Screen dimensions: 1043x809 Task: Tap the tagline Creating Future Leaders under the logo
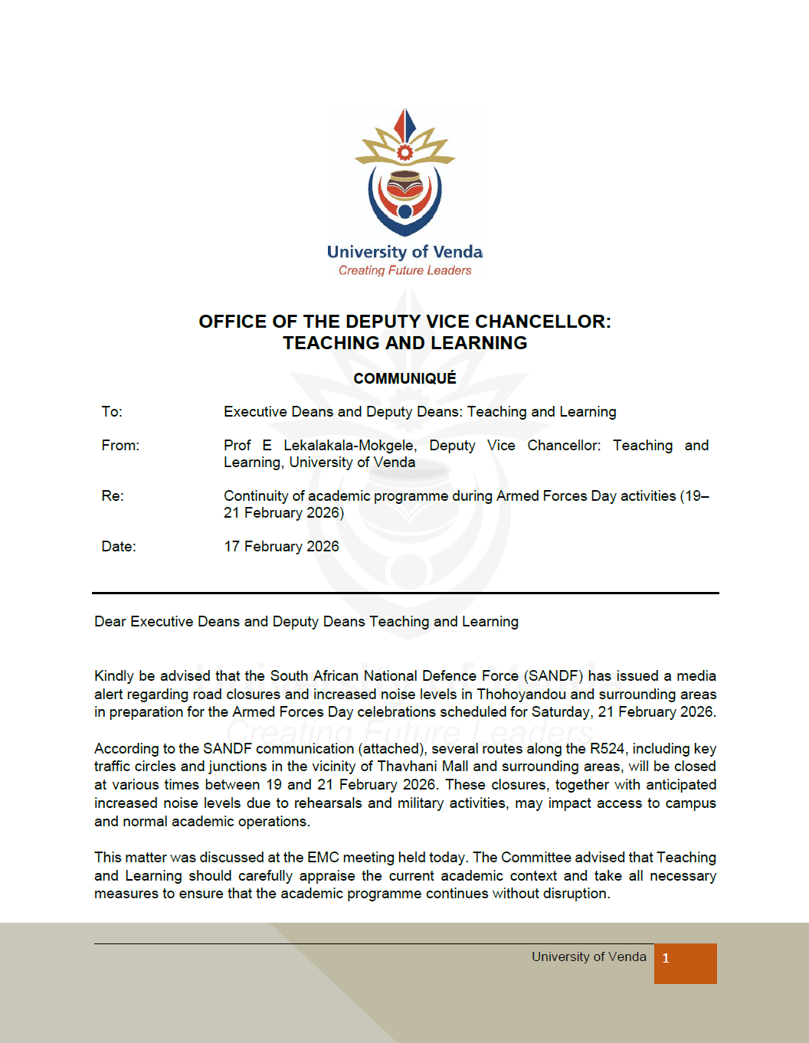pyautogui.click(x=404, y=270)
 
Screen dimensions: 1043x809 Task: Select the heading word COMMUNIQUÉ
pyautogui.click(x=404, y=378)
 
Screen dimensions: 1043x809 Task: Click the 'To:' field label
pyautogui.click(x=112, y=412)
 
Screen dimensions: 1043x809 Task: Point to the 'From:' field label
pyautogui.click(x=120, y=446)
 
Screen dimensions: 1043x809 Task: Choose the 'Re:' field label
pyautogui.click(x=113, y=496)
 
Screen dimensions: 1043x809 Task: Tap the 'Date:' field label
pyautogui.click(x=119, y=547)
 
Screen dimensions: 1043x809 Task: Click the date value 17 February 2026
pyautogui.click(x=281, y=547)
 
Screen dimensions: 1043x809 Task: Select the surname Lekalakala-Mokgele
pyautogui.click(x=349, y=446)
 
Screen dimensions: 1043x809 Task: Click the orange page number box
pyautogui.click(x=685, y=963)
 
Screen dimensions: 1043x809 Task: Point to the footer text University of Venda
pyautogui.click(x=588, y=956)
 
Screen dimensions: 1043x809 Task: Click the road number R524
pyautogui.click(x=607, y=749)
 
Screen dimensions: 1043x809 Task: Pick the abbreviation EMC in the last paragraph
pyautogui.click(x=323, y=858)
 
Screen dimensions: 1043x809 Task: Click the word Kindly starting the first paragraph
pyautogui.click(x=114, y=676)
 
